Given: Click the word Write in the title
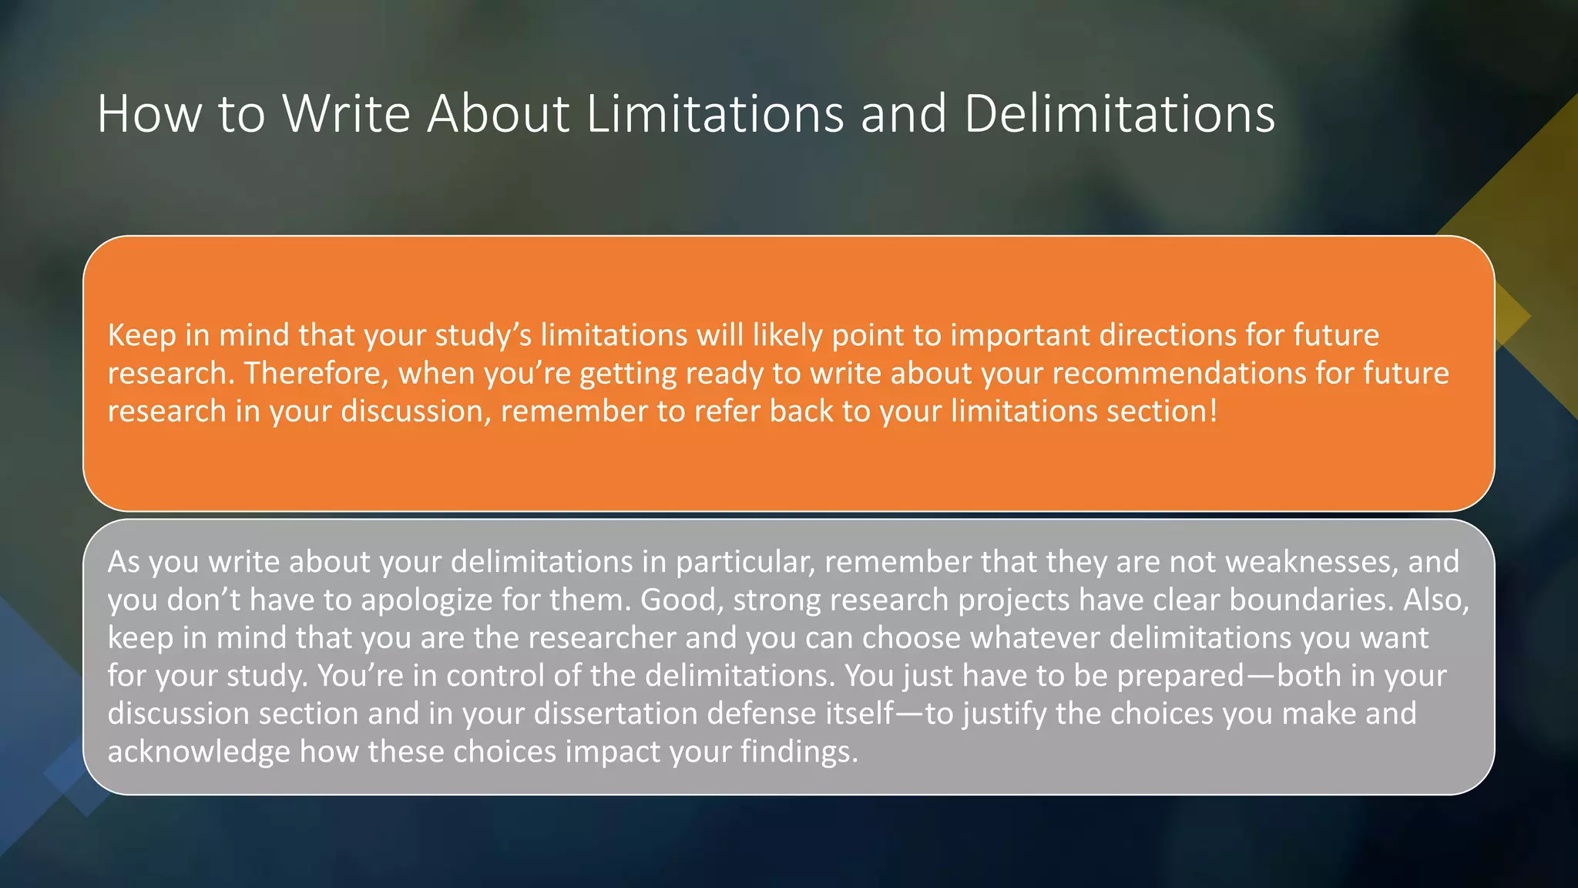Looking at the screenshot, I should pos(346,114).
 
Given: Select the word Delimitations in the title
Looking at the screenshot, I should pos(1119,114).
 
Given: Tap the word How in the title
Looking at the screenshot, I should pos(149,114).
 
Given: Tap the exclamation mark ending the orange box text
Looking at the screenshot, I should pos(1214,412).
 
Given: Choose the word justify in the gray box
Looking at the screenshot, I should pos(1005,714).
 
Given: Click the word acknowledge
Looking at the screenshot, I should pos(199,752).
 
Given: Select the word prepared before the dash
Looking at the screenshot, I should pos(1180,676).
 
